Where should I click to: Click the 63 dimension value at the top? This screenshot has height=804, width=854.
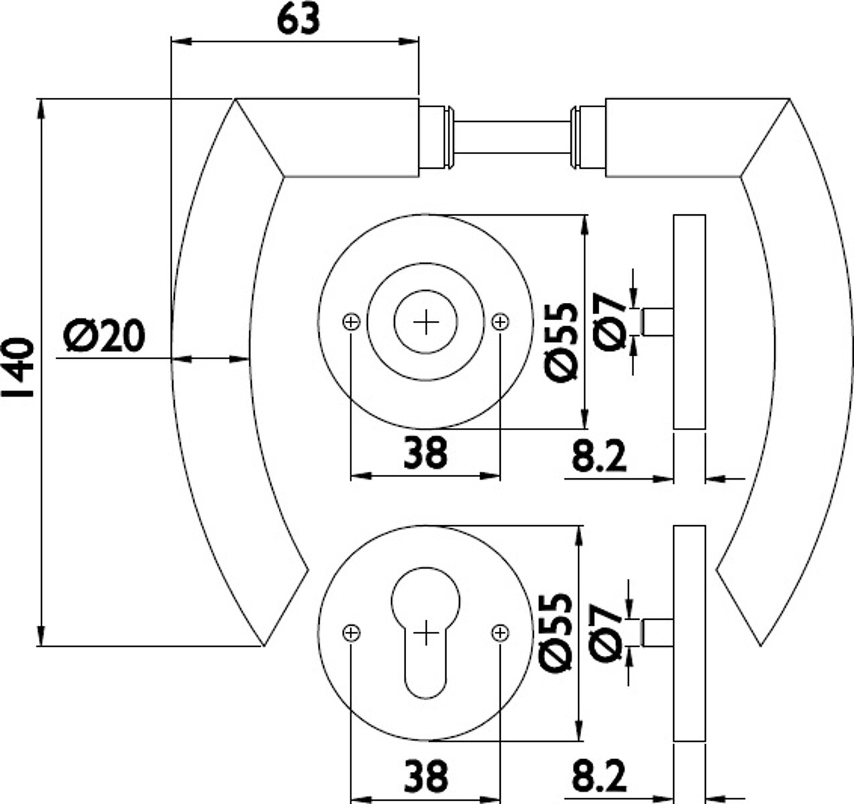pos(299,20)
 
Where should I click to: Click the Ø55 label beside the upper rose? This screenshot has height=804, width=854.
pos(561,342)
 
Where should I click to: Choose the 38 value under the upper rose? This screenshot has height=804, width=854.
pos(426,452)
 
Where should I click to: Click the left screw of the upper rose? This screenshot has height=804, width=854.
pos(351,322)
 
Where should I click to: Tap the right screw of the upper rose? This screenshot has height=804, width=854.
pos(500,322)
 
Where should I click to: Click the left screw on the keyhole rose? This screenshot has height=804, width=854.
pos(351,633)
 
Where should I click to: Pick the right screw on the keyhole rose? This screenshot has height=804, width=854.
pos(500,633)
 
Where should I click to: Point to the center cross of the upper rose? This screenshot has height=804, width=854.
pos(426,322)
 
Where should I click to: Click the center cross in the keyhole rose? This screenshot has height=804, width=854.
pos(426,632)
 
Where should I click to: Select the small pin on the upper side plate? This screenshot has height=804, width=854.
pos(658,322)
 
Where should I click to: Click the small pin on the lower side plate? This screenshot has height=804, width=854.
pos(658,632)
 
